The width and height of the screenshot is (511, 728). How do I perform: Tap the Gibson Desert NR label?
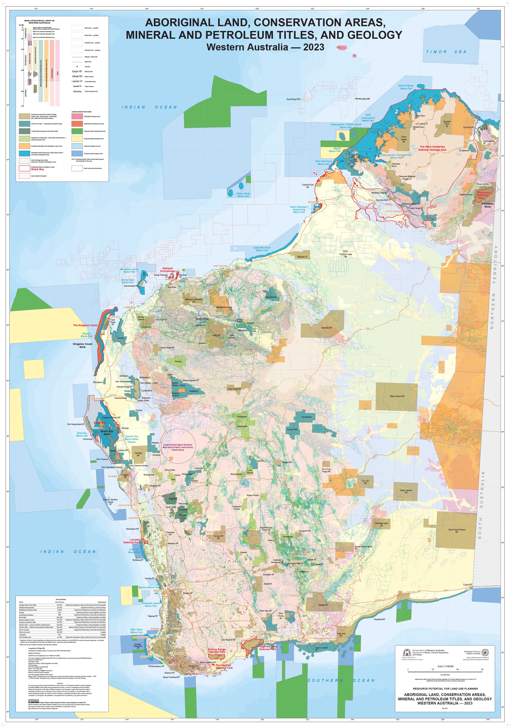(x=397, y=396)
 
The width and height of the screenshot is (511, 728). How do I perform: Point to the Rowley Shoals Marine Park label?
(x=243, y=195)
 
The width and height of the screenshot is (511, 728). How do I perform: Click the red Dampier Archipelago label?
(x=167, y=270)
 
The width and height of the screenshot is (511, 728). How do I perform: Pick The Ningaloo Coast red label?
(x=85, y=325)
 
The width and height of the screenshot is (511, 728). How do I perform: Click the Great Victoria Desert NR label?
(x=456, y=531)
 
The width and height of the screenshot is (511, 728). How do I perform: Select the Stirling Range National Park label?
(x=217, y=651)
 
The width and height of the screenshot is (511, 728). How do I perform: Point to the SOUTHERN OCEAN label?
(x=341, y=680)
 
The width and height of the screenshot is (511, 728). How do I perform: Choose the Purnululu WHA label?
(x=487, y=205)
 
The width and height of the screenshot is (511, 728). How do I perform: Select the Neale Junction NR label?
(x=406, y=491)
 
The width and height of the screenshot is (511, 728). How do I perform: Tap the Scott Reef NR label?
(x=293, y=99)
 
